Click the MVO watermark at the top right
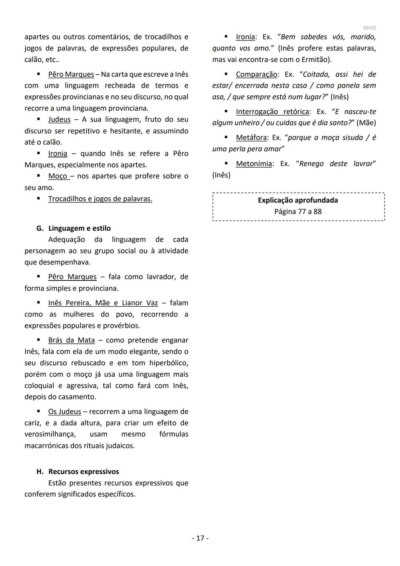click(x=369, y=28)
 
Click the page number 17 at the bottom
click(x=200, y=538)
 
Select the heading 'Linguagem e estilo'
click(x=79, y=228)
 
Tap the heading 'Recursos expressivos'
click(x=83, y=471)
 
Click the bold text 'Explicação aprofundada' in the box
click(x=298, y=200)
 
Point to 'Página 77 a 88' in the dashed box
click(x=298, y=211)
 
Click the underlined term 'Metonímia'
click(x=254, y=164)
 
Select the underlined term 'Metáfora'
click(x=251, y=138)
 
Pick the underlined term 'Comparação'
click(x=256, y=74)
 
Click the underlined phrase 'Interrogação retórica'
click(x=272, y=112)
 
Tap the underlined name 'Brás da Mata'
click(x=71, y=340)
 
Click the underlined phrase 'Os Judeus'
click(x=64, y=411)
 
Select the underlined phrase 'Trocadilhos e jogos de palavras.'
click(x=100, y=199)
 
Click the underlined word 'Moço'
click(x=58, y=176)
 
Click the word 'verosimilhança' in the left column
click(x=50, y=434)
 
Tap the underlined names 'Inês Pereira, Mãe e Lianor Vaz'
click(x=103, y=303)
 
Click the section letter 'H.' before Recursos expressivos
click(x=40, y=471)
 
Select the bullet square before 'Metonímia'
click(x=226, y=163)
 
